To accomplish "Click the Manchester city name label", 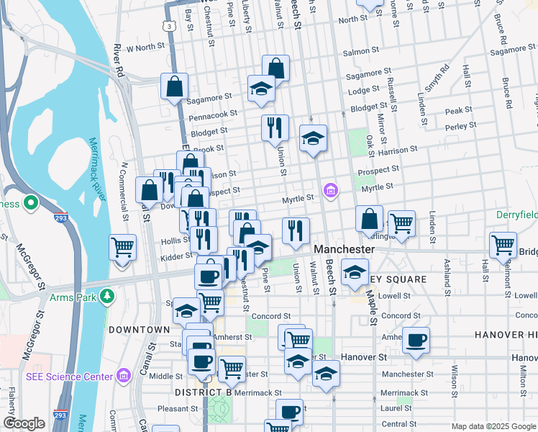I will (x=345, y=249).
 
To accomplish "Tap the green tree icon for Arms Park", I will (x=107, y=296).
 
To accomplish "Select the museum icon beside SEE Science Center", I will (x=123, y=376).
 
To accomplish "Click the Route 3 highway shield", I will (x=167, y=25).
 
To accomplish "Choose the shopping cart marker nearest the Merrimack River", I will (x=123, y=247).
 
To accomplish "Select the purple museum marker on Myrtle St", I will (x=331, y=191).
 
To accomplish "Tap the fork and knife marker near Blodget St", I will (x=274, y=127).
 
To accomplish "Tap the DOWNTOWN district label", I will (x=139, y=329).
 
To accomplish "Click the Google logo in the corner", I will (x=24, y=423).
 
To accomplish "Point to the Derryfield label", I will (x=516, y=215).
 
